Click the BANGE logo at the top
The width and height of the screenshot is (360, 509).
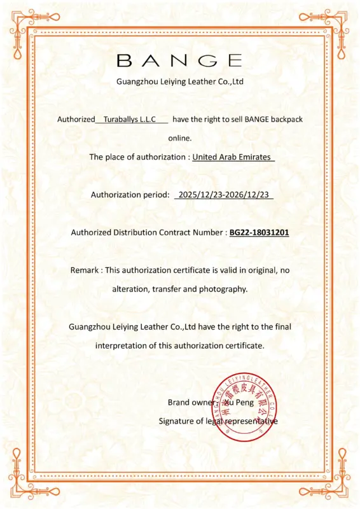(x=180, y=60)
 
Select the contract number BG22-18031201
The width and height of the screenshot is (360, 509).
(x=259, y=233)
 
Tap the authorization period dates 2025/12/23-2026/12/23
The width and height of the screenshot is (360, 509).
(x=224, y=195)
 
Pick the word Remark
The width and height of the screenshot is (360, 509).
(x=85, y=270)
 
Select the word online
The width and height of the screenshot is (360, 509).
(x=180, y=137)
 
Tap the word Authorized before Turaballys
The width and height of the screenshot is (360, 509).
(x=75, y=119)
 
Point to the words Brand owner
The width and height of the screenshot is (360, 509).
(x=188, y=402)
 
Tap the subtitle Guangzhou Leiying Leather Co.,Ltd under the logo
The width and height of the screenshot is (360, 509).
(x=180, y=81)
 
